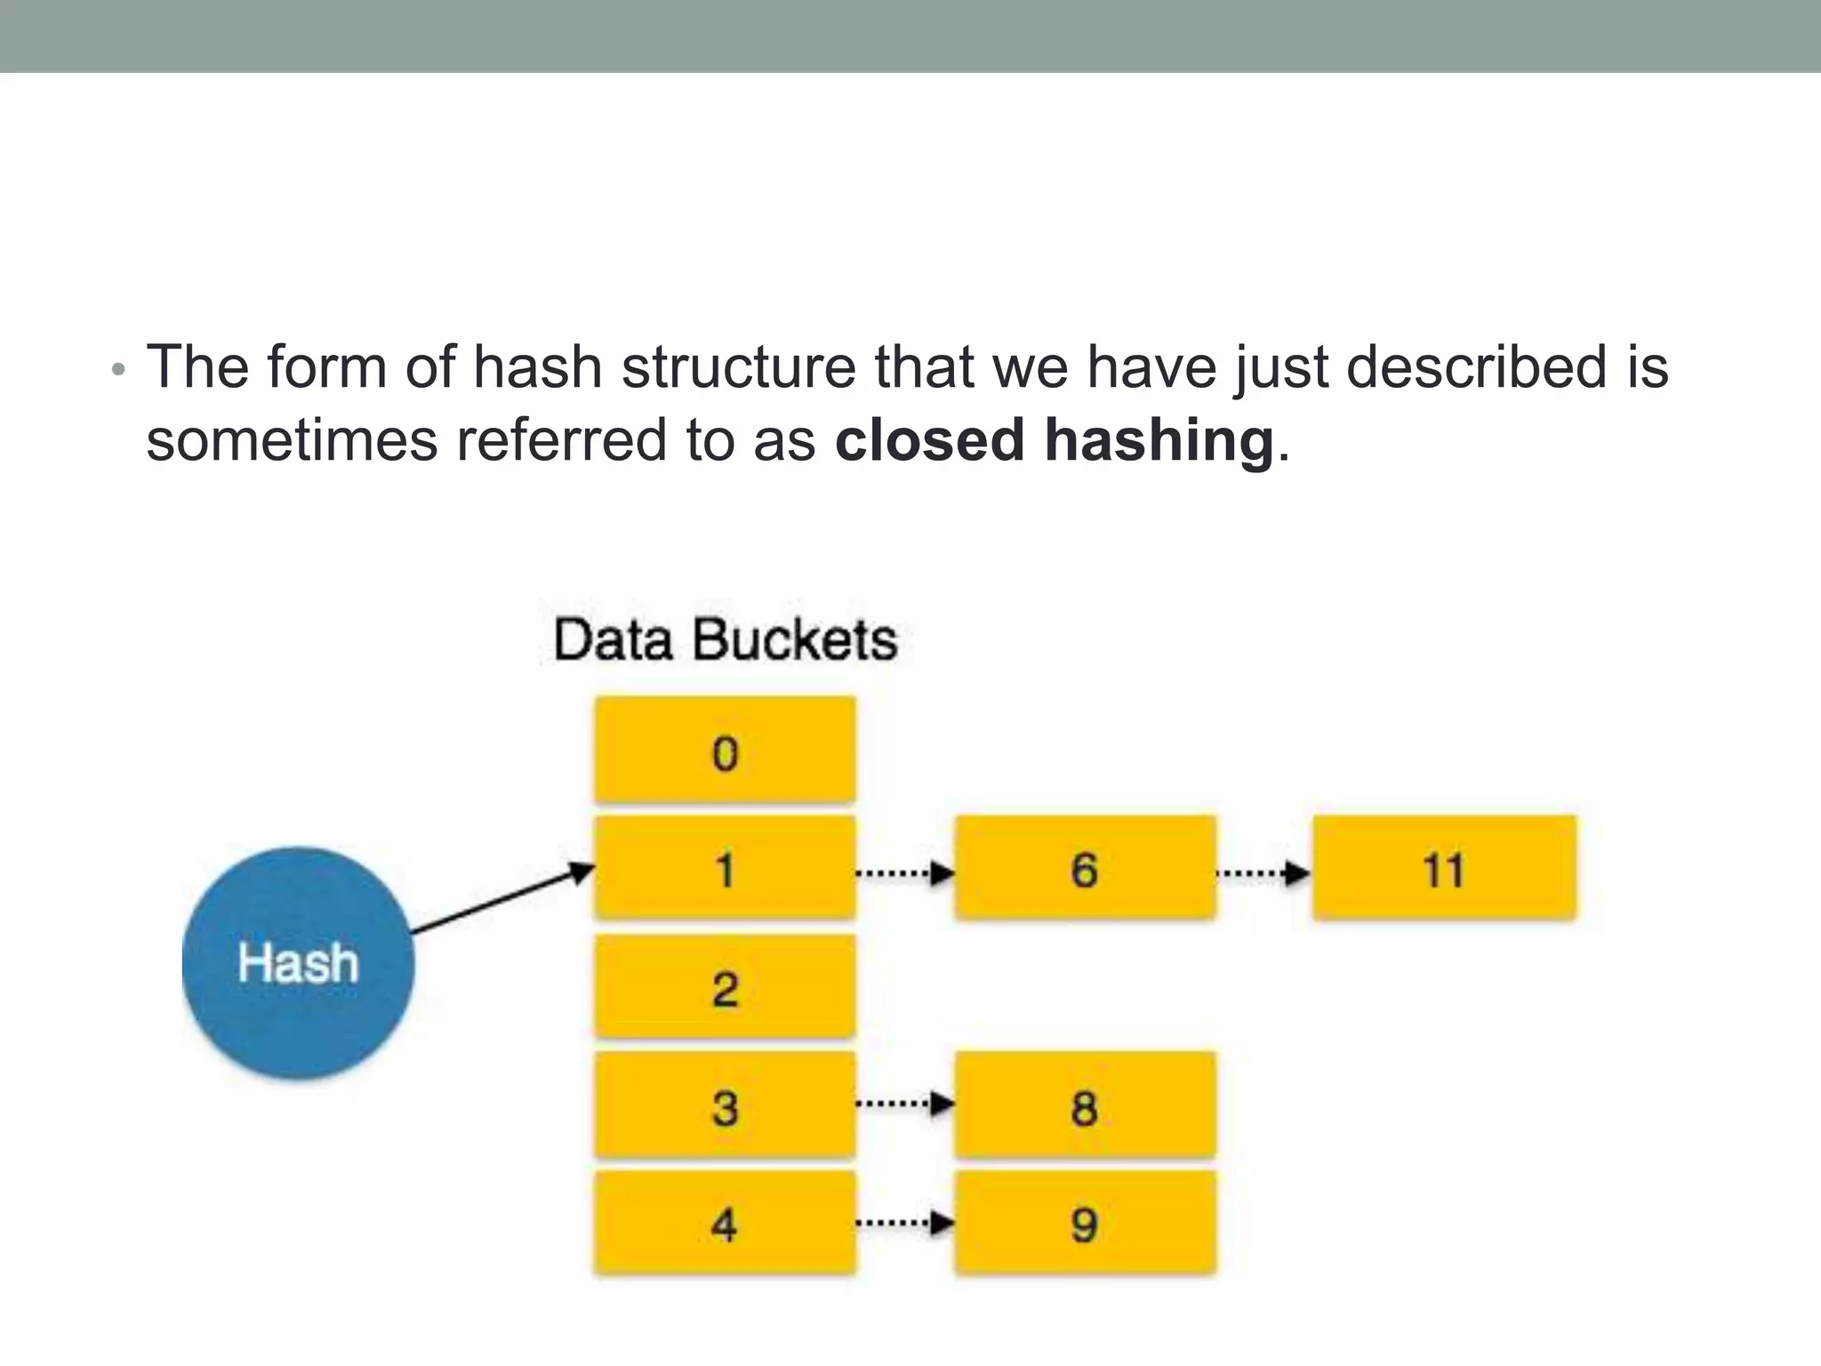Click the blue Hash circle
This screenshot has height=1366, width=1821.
click(298, 962)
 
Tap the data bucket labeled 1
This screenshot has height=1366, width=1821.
click(725, 868)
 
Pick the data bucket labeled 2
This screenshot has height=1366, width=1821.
click(725, 986)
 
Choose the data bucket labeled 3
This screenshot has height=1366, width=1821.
click(725, 1105)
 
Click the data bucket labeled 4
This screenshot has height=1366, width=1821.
click(725, 1224)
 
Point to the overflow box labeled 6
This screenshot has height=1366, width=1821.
click(1085, 868)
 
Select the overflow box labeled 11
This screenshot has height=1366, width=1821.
click(1444, 868)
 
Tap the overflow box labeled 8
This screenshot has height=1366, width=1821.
click(1085, 1105)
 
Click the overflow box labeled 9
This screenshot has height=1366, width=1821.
click(1085, 1224)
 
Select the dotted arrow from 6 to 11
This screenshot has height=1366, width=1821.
click(1263, 873)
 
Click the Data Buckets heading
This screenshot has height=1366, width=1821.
click(725, 639)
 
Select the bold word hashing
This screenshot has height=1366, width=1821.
click(1159, 440)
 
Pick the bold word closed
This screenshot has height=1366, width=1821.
click(929, 440)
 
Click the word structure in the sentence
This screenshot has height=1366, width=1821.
click(738, 367)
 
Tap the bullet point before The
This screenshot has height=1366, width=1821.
click(118, 370)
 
